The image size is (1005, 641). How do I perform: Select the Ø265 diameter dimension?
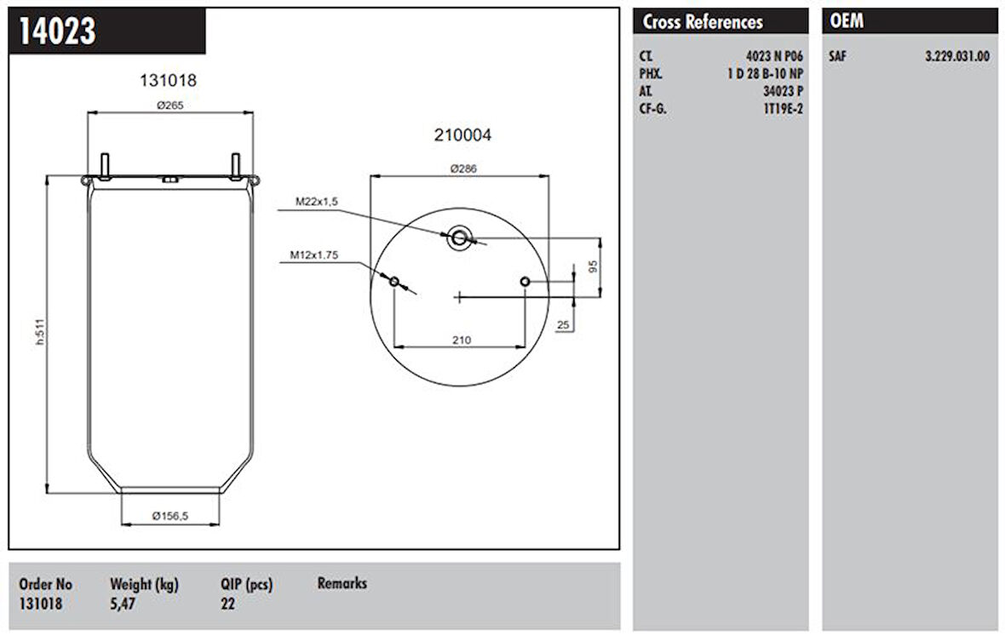pyautogui.click(x=171, y=105)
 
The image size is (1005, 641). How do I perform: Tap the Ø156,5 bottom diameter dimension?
pyautogui.click(x=170, y=516)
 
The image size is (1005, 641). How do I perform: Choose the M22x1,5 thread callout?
pyautogui.click(x=317, y=202)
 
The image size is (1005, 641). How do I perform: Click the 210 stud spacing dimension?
pyautogui.click(x=461, y=340)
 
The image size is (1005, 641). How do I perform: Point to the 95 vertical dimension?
pyautogui.click(x=594, y=267)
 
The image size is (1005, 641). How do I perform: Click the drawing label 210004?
pyautogui.click(x=462, y=134)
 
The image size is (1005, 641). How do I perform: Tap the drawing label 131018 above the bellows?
pyautogui.click(x=168, y=81)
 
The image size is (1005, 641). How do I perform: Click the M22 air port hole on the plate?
pyautogui.click(x=459, y=238)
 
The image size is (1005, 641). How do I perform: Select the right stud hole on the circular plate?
pyautogui.click(x=525, y=282)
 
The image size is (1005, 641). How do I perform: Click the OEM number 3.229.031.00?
pyautogui.click(x=956, y=57)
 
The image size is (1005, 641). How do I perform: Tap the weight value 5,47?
pyautogui.click(x=122, y=604)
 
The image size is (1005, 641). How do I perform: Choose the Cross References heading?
pyautogui.click(x=703, y=22)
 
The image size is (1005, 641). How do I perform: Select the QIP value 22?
pyautogui.click(x=227, y=604)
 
